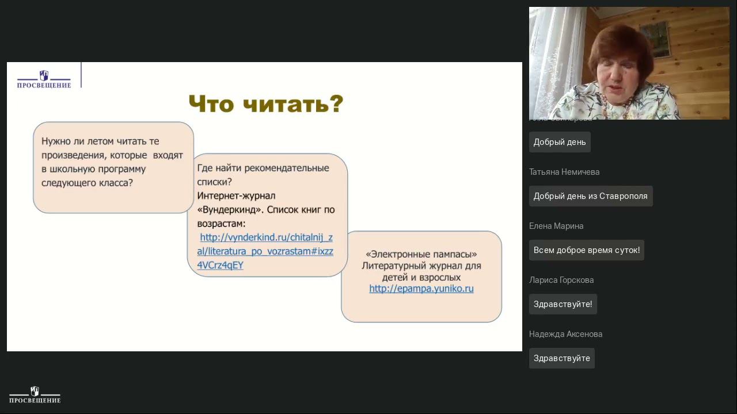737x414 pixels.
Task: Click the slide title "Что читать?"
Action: click(266, 104)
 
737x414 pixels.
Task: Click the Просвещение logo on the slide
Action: click(44, 79)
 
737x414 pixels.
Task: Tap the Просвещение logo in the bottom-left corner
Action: click(35, 395)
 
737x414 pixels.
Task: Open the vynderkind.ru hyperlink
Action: click(265, 251)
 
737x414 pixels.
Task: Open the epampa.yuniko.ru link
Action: click(421, 289)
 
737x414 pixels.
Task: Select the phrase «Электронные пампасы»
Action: click(421, 254)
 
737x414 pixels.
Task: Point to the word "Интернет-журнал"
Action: click(236, 195)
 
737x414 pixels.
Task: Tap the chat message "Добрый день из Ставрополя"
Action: click(590, 196)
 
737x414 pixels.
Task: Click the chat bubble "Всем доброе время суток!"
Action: click(586, 250)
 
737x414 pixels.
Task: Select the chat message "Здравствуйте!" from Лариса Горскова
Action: click(563, 304)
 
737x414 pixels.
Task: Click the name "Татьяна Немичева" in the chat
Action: click(564, 172)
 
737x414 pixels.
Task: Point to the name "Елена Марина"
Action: click(556, 226)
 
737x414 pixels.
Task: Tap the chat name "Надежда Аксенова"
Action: click(565, 334)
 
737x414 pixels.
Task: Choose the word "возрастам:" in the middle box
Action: click(222, 224)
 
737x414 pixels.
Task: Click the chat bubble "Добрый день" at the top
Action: click(560, 142)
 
